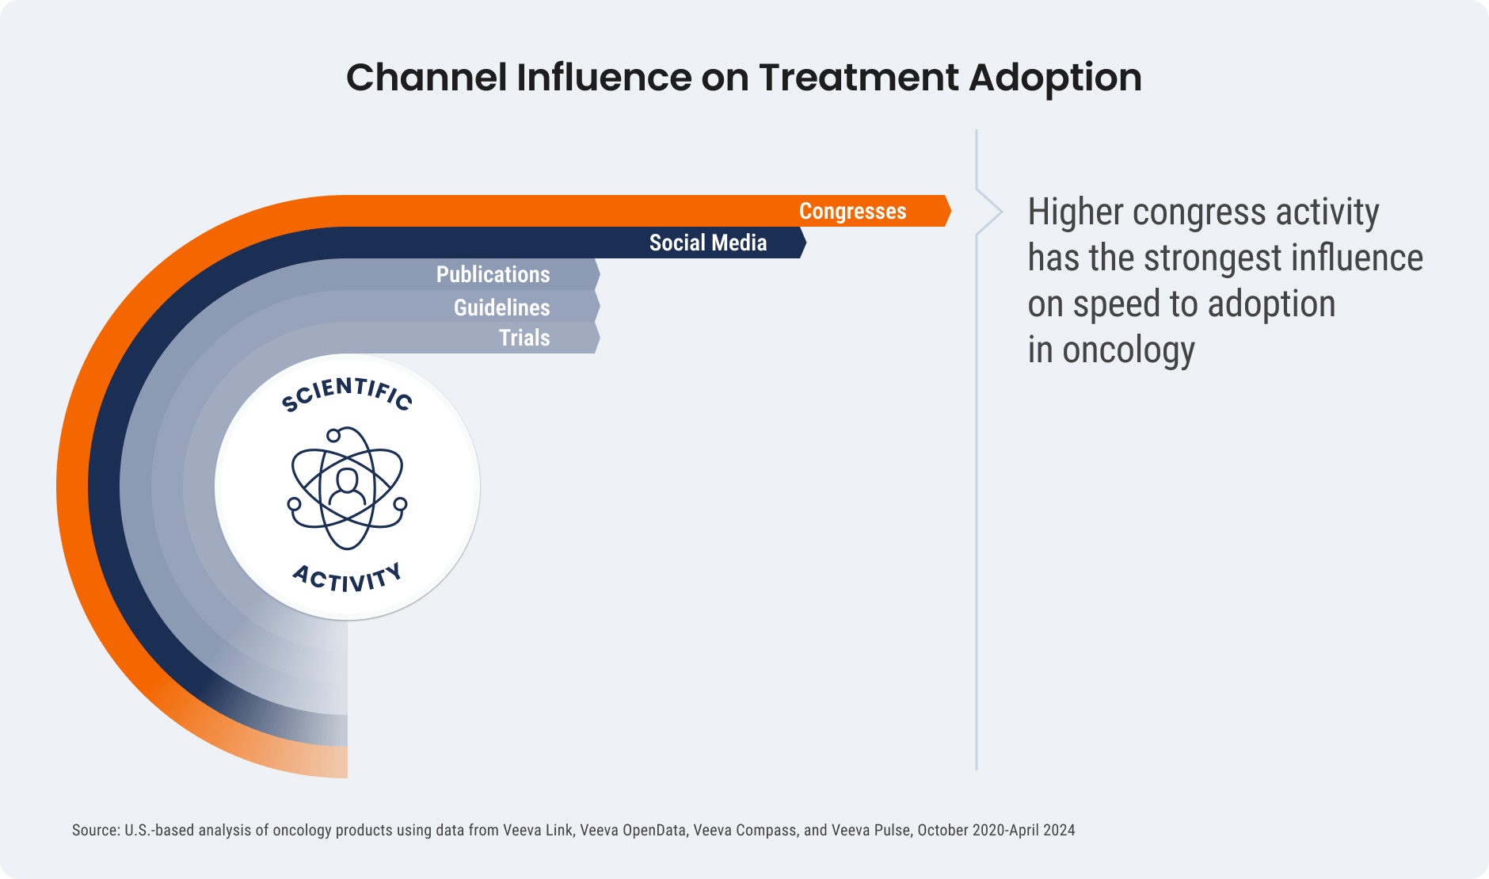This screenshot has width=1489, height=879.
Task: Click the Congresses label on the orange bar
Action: [x=852, y=212]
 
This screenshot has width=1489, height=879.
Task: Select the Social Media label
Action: [x=707, y=243]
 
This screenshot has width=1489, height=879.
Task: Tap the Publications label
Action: [x=493, y=275]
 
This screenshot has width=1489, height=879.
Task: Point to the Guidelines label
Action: [x=501, y=308]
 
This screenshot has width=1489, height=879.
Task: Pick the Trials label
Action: [x=524, y=338]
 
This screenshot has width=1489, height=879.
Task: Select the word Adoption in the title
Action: [x=1055, y=78]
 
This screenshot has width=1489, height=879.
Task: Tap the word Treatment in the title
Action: [x=859, y=78]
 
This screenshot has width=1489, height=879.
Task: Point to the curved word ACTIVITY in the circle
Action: [x=347, y=578]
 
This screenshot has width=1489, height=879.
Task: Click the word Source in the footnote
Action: [x=94, y=831]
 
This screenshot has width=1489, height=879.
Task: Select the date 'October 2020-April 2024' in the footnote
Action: [x=996, y=831]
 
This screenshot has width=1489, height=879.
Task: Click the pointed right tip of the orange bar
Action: [x=949, y=211]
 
